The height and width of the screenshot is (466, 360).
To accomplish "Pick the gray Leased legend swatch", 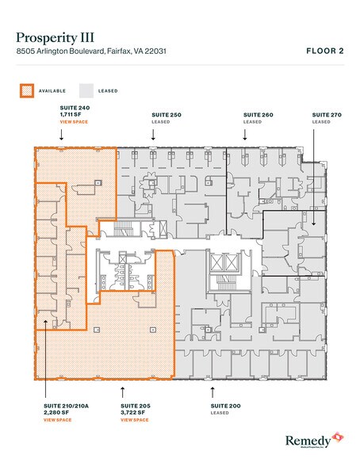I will click(x=86, y=90).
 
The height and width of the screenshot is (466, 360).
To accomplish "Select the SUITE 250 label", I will click(x=167, y=115).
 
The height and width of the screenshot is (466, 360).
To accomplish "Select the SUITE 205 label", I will click(x=136, y=404).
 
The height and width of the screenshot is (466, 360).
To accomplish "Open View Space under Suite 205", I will click(x=136, y=419).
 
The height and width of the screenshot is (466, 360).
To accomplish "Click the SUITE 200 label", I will click(x=225, y=404).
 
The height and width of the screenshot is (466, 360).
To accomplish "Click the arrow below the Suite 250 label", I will click(x=153, y=135).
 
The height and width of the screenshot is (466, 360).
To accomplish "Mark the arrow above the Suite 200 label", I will click(x=212, y=391).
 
